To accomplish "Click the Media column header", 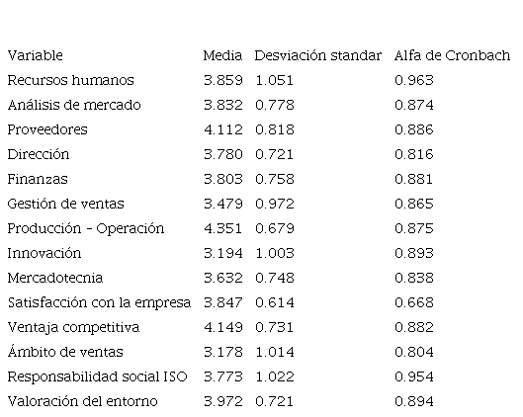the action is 222,55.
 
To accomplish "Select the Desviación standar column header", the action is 318,55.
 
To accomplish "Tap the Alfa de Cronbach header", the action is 452,55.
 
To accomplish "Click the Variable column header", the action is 35,55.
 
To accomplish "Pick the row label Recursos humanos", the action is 71,80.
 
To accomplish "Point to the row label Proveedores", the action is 47,129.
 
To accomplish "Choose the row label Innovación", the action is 44,253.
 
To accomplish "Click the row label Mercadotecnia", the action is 55,278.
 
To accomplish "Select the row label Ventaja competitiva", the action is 73,328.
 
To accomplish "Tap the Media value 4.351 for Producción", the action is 222,228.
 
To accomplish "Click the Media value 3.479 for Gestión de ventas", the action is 223,204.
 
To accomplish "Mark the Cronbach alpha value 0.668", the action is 414,302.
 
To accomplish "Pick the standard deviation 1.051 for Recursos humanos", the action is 275,80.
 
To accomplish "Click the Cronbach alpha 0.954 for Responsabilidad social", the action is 414,376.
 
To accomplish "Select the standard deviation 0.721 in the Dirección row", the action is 275,154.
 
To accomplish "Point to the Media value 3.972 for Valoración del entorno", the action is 223,401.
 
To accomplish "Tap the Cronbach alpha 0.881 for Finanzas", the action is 413,179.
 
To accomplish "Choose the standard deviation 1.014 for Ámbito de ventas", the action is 275,352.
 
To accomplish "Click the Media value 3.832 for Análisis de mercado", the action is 223,105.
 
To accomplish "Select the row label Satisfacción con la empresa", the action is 99,302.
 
